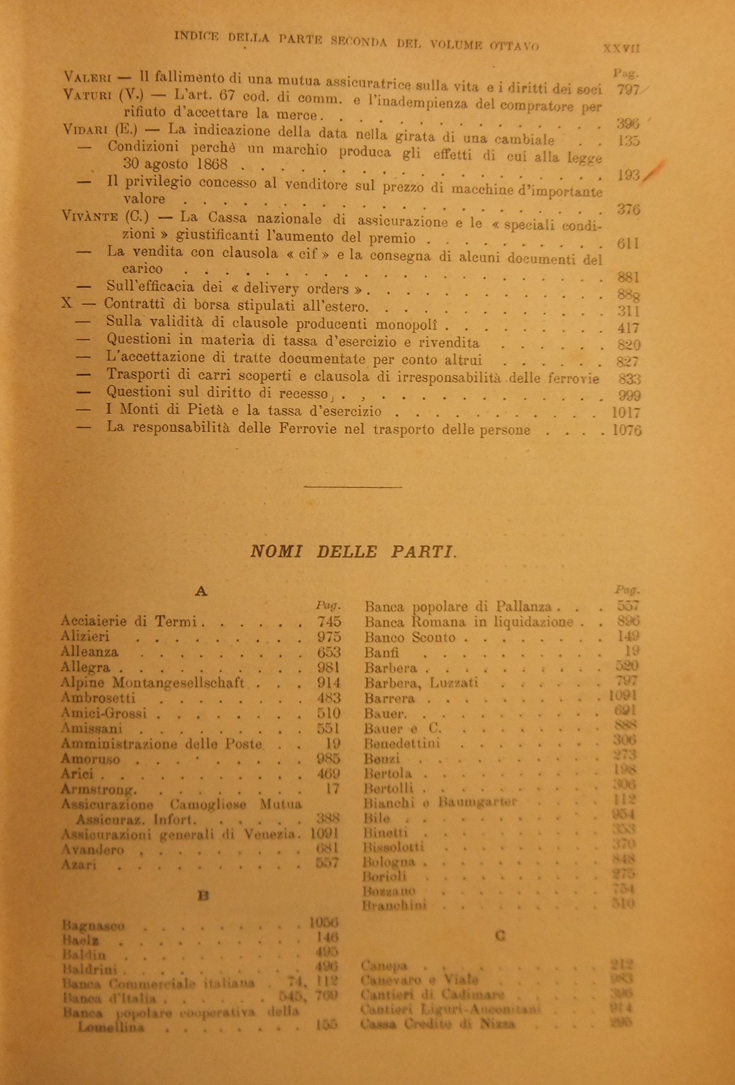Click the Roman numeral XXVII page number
[621, 48]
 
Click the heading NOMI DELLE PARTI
[353, 551]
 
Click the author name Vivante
[90, 217]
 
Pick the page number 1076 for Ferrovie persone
[627, 430]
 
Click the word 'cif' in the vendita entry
[308, 254]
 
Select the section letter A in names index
[201, 591]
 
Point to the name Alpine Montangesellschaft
[153, 682]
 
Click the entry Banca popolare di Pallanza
[458, 606]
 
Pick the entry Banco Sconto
[410, 637]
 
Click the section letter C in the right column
[500, 935]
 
